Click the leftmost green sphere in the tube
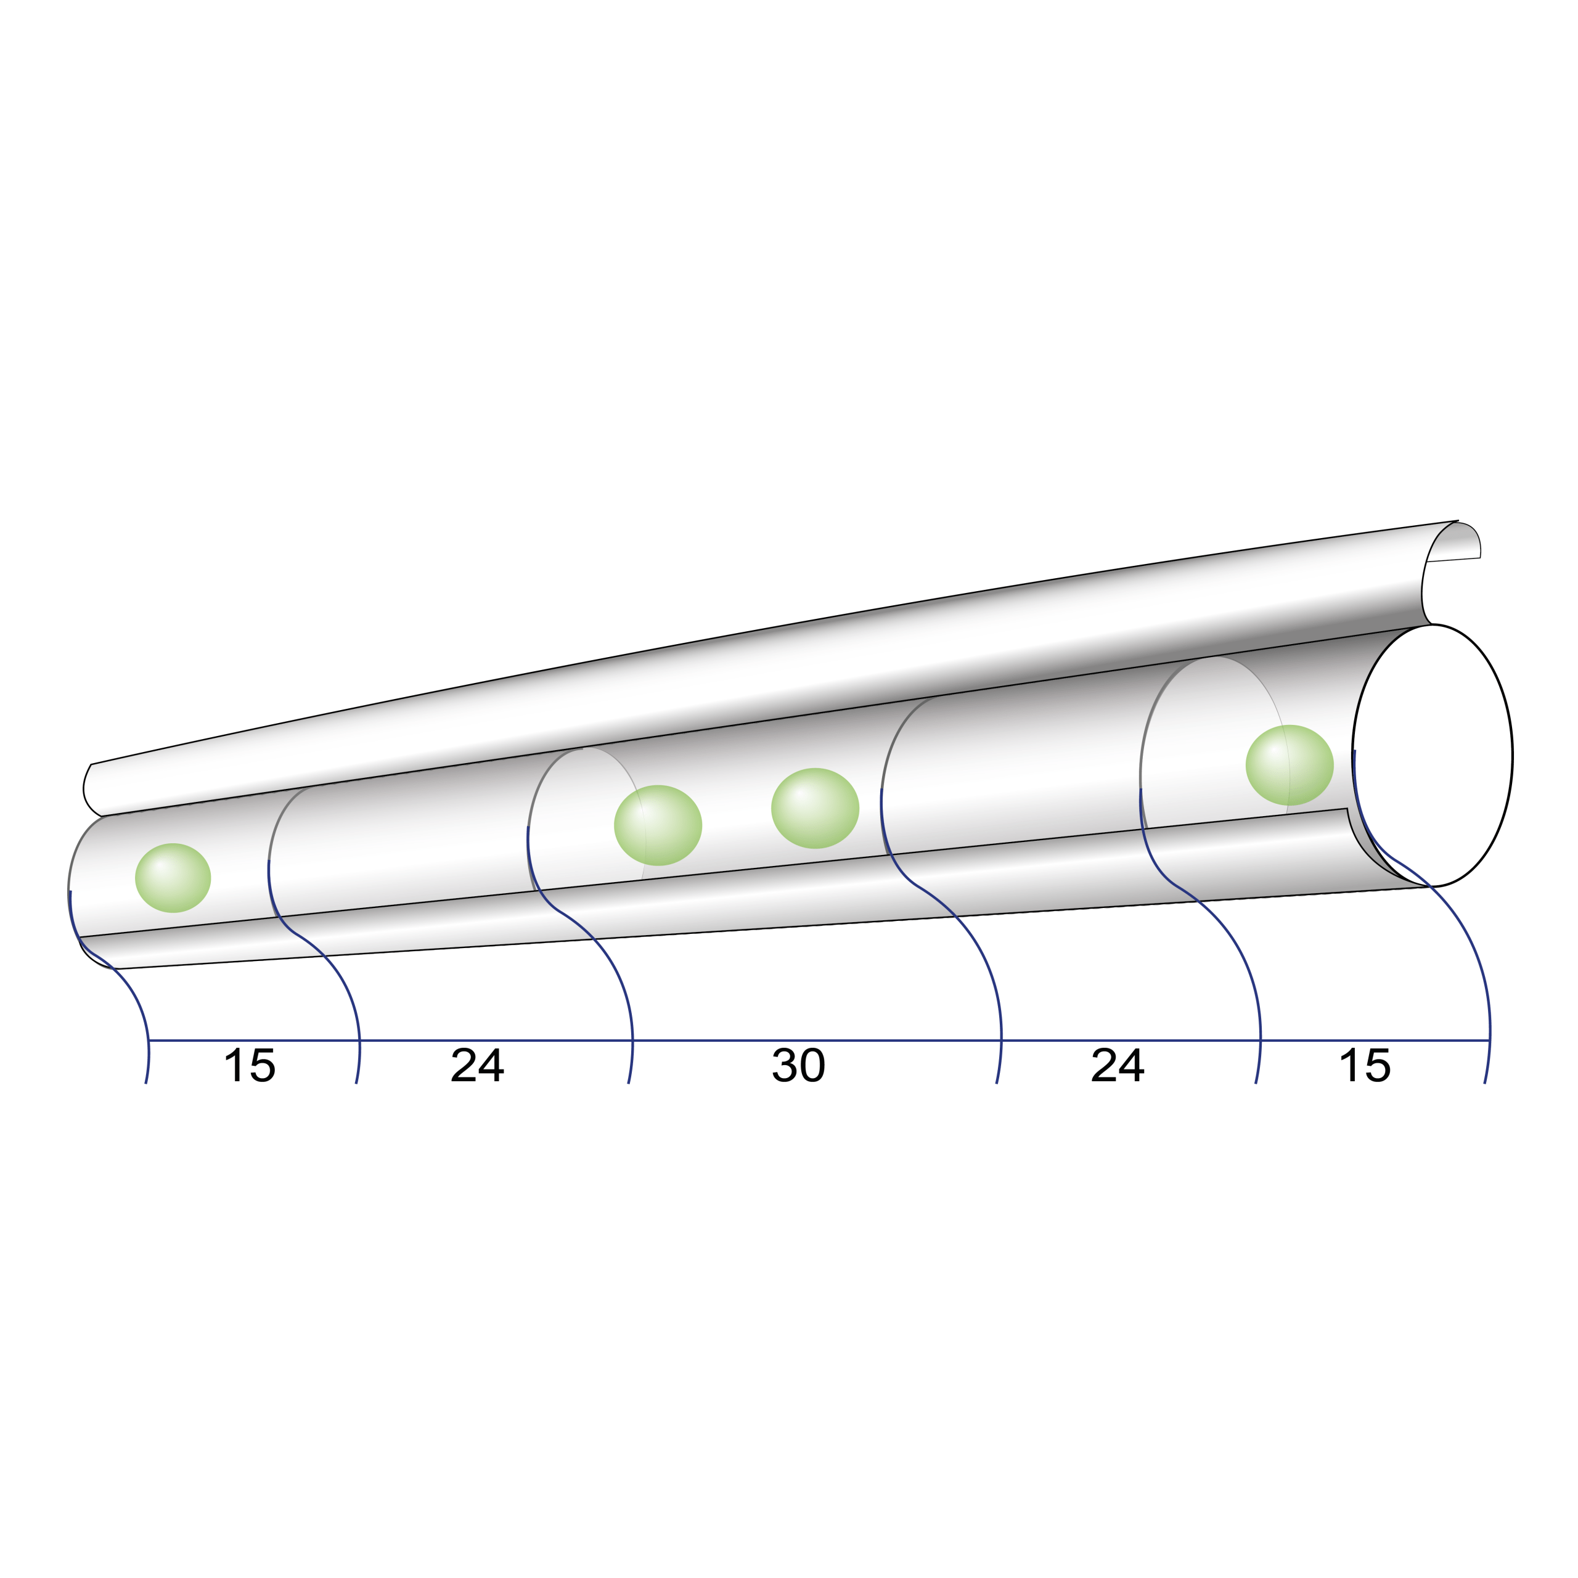pos(173,878)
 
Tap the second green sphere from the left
pos(658,825)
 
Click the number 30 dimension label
pos(799,1065)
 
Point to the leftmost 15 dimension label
pos(250,1065)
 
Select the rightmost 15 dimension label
pos(1365,1065)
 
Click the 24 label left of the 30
pos(478,1065)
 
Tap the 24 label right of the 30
pos(1118,1065)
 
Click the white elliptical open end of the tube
pos(1433,756)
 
